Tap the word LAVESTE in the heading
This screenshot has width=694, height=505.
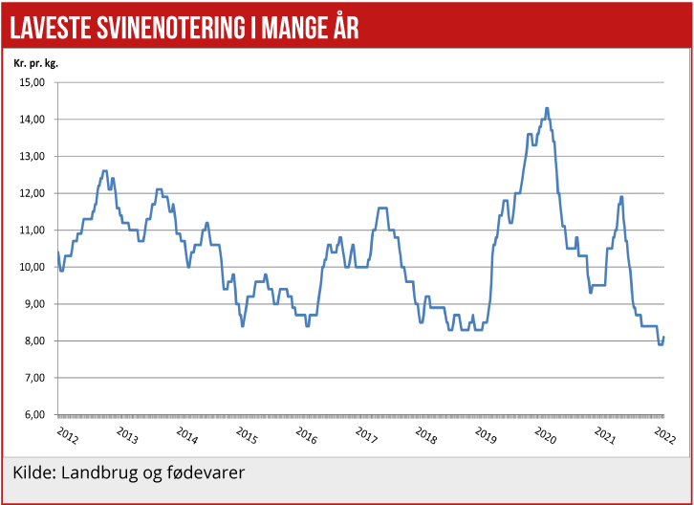[x=51, y=29]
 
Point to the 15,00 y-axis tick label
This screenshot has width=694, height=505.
[x=33, y=82]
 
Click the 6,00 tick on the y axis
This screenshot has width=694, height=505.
[x=33, y=415]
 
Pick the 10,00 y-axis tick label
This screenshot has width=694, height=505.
[x=33, y=267]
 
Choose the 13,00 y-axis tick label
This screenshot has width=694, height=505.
[x=33, y=156]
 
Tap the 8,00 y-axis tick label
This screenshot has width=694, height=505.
[x=33, y=341]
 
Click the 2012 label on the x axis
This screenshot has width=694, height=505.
[x=67, y=435]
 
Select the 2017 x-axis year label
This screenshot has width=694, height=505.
[x=365, y=435]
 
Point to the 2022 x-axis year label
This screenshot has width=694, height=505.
[x=663, y=435]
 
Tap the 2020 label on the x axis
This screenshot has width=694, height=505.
[x=544, y=435]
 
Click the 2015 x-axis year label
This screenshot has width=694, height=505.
[x=246, y=435]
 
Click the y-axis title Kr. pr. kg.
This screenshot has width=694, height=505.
[x=36, y=63]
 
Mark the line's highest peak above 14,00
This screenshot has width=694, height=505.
[x=547, y=108]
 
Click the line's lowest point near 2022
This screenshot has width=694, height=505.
[x=660, y=344]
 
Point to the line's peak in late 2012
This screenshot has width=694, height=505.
[x=104, y=171]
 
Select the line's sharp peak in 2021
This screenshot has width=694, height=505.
[x=621, y=197]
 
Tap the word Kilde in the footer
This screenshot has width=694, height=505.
[x=33, y=473]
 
